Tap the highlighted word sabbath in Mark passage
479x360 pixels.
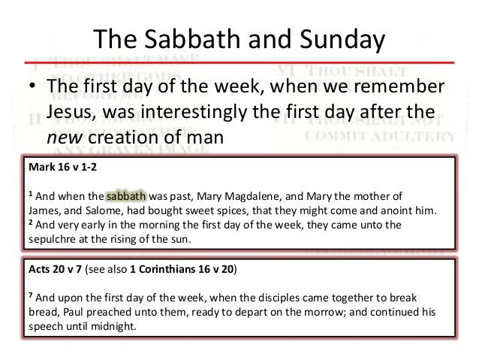[x=127, y=198]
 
